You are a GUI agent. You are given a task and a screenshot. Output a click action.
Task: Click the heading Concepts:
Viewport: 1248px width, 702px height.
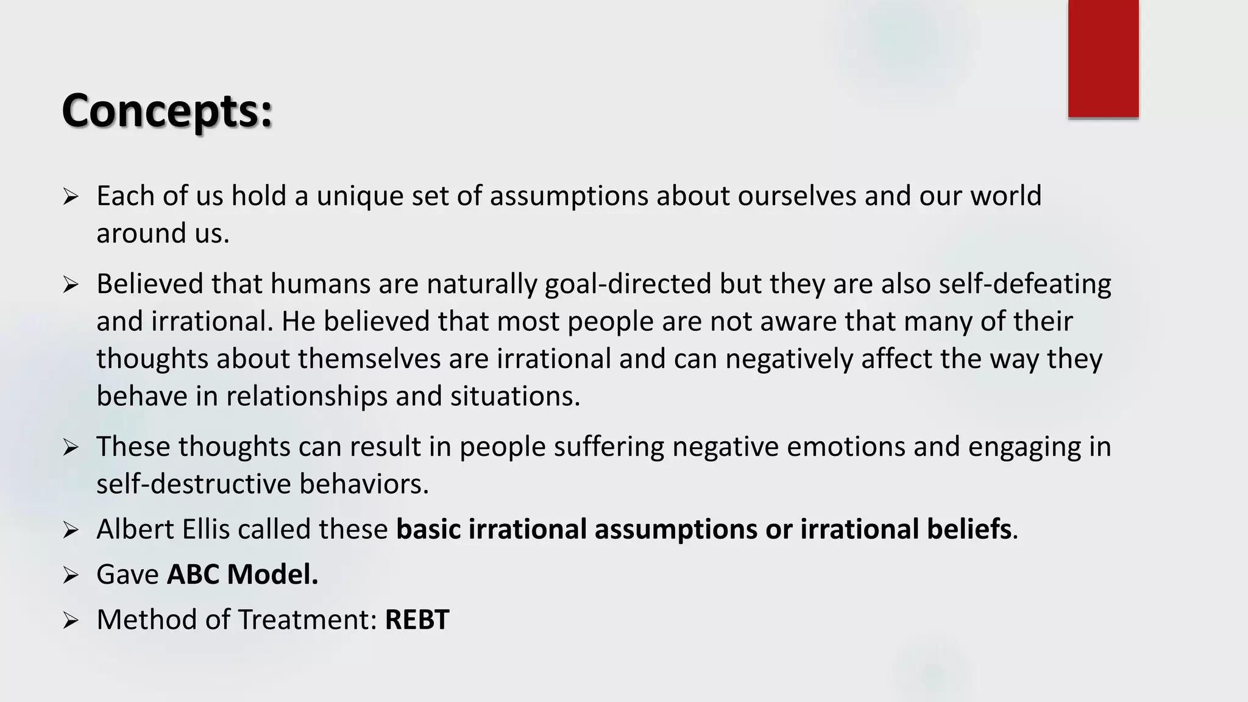[x=167, y=112]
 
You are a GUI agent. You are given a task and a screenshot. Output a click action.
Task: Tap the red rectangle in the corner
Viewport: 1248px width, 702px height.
[x=1103, y=58]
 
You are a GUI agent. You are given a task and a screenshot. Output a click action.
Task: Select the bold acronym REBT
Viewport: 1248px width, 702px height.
[x=417, y=620]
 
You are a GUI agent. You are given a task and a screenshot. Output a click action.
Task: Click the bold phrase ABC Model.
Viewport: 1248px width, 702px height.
[x=243, y=574]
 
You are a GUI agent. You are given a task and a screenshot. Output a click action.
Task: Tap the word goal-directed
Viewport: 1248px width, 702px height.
[x=628, y=285]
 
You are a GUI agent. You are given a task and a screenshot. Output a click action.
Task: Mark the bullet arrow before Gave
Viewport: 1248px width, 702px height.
[x=71, y=575]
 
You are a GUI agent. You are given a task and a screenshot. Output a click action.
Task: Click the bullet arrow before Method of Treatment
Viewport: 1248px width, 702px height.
[x=71, y=620]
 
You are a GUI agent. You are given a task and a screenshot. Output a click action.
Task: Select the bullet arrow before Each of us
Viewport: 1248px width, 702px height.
[x=71, y=197]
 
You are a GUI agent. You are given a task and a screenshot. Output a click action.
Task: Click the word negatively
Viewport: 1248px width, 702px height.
[x=789, y=359]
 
